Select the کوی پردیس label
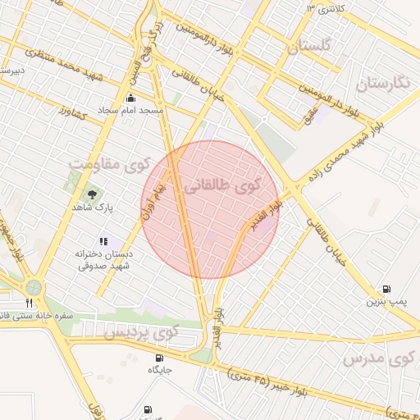[141, 332]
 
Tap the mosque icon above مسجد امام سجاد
[130, 97]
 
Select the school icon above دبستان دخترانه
[103, 241]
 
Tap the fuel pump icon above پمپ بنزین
[386, 289]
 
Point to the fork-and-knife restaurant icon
[30, 304]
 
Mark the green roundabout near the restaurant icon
[34, 287]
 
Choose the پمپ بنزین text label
[386, 302]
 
